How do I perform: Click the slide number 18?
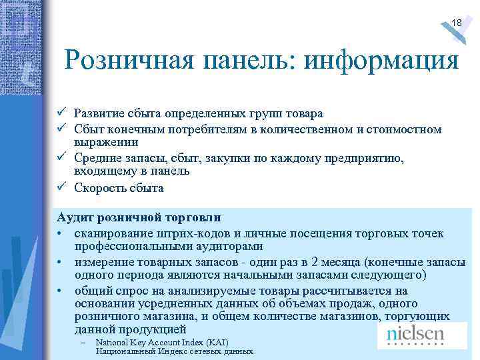[457, 23]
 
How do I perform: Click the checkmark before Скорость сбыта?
[61, 187]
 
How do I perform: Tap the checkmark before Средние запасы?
[61, 157]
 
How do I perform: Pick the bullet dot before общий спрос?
[60, 291]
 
